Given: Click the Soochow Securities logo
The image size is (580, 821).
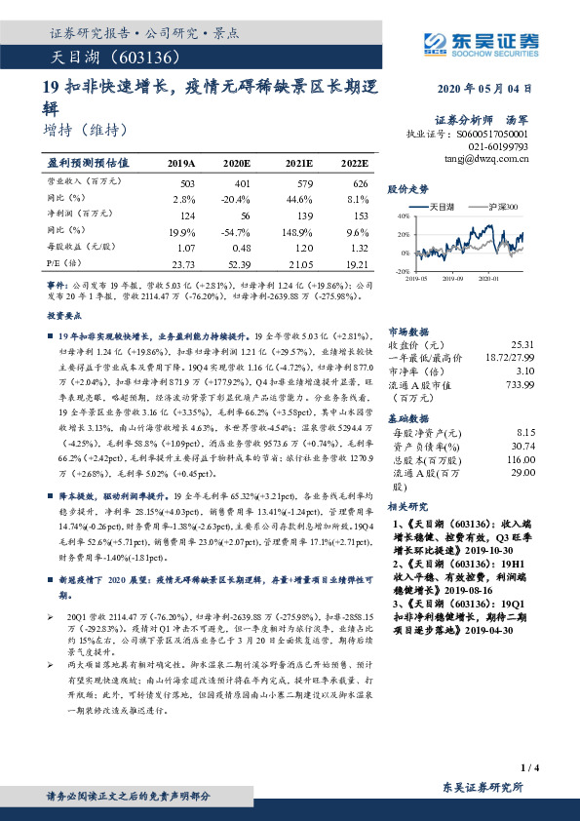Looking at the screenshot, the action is tap(482, 42).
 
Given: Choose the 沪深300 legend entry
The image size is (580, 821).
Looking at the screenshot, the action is tap(502, 208).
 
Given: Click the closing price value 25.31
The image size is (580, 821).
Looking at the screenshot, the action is tap(522, 344).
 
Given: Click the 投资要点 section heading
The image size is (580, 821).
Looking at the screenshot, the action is tap(64, 316).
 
